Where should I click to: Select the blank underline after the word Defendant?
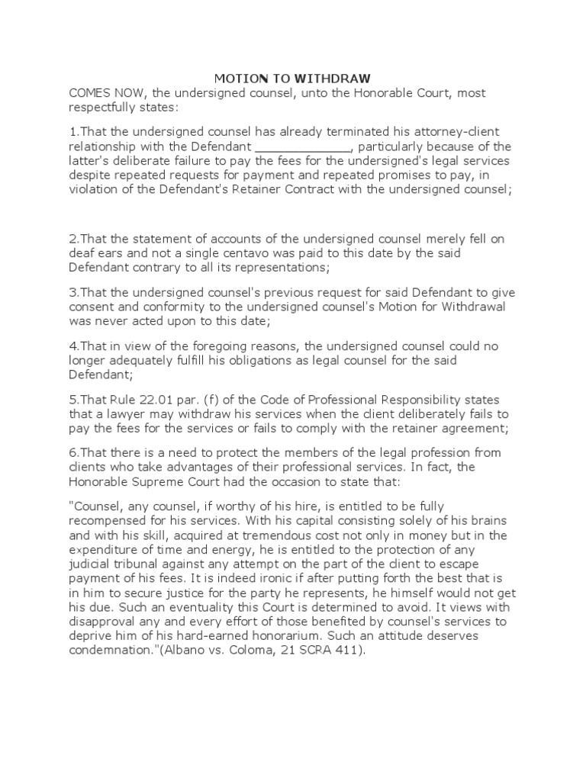coord(302,146)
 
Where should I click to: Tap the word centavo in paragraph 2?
coord(257,252)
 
